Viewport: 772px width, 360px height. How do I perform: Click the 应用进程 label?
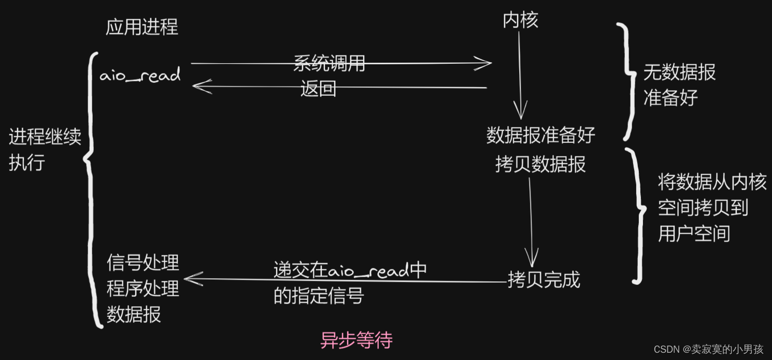pyautogui.click(x=141, y=27)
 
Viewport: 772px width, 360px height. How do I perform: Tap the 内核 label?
pyautogui.click(x=520, y=20)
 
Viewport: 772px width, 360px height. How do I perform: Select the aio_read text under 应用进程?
pyautogui.click(x=140, y=76)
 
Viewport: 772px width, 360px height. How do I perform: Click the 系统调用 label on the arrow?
pyautogui.click(x=330, y=64)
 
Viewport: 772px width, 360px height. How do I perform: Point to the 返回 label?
pyautogui.click(x=319, y=89)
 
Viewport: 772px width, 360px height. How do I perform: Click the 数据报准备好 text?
pyautogui.click(x=540, y=136)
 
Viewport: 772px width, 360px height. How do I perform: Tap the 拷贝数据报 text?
pyautogui.click(x=540, y=164)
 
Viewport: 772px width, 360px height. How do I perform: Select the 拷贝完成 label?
pyautogui.click(x=544, y=280)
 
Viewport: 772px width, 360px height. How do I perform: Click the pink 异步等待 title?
pyautogui.click(x=356, y=340)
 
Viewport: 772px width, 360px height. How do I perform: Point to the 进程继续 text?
pyautogui.click(x=45, y=138)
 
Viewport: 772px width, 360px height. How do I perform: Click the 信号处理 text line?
pyautogui.click(x=142, y=263)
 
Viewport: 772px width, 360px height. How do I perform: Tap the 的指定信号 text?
pyautogui.click(x=319, y=296)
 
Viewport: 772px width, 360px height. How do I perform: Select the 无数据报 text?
pyautogui.click(x=679, y=73)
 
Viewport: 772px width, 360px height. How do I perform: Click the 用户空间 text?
pyautogui.click(x=694, y=234)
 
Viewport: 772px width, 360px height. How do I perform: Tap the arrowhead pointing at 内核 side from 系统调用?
pyautogui.click(x=486, y=64)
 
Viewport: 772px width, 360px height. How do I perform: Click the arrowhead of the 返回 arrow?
pyautogui.click(x=198, y=87)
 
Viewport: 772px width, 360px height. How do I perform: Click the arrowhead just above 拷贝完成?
pyautogui.click(x=531, y=259)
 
